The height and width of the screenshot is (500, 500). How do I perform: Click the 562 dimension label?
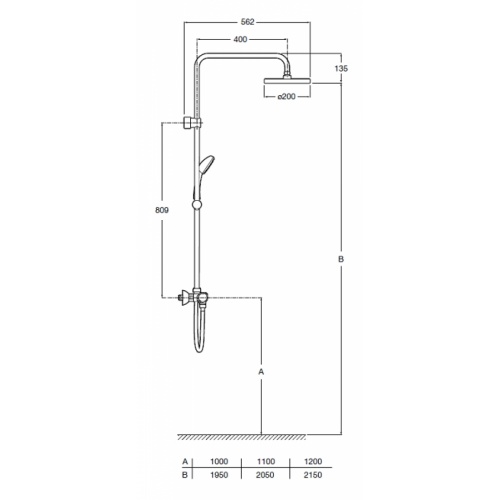coord(247,22)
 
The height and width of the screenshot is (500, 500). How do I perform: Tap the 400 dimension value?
coord(240,39)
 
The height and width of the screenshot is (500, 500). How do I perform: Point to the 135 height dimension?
coord(341,68)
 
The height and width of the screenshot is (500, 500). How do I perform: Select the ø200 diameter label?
coord(287,96)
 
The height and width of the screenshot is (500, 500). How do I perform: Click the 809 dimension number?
coord(162,210)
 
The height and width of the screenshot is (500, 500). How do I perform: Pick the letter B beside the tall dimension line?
coord(341,259)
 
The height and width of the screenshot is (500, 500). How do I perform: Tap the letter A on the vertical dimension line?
coord(261,371)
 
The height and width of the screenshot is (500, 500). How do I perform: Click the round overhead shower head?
coord(287,80)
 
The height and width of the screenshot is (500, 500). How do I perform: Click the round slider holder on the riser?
coord(197,205)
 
